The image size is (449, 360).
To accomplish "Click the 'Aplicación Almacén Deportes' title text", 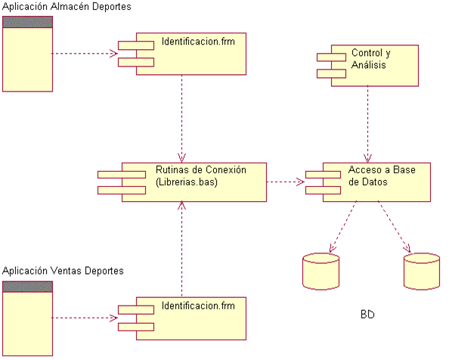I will click(67, 7).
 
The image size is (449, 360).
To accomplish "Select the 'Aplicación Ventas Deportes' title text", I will click(63, 271).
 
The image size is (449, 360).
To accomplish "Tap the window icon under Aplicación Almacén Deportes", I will click(27, 54).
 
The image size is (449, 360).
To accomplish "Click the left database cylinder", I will click(320, 272).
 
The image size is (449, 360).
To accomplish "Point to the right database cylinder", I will click(421, 272).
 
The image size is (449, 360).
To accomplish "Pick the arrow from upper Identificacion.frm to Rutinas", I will click(182, 117).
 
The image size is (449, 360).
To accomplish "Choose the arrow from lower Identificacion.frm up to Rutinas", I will click(181, 250).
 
